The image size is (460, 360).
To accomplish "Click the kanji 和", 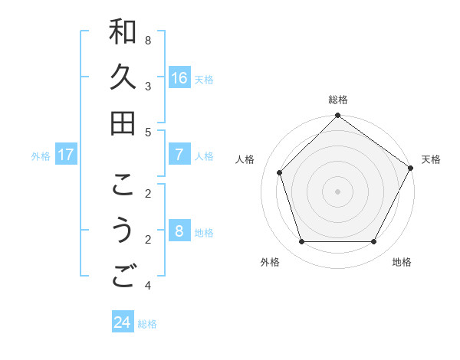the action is pyautogui.click(x=123, y=31).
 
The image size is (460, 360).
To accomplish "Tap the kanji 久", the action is pyautogui.click(x=123, y=77).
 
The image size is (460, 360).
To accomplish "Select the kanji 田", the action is pyautogui.click(x=123, y=123).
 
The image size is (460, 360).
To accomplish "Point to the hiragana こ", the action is pyautogui.click(x=123, y=185).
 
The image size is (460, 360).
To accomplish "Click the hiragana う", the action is pyautogui.click(x=123, y=231).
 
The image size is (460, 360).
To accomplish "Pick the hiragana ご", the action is pyautogui.click(x=123, y=277).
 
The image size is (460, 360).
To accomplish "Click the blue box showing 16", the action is pyautogui.click(x=179, y=78).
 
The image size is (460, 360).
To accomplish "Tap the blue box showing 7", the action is pyautogui.click(x=179, y=155).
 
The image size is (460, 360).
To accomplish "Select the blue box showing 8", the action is pyautogui.click(x=179, y=231).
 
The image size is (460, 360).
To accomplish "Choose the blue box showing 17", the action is pyautogui.click(x=66, y=155).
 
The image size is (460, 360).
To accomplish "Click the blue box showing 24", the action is pyautogui.click(x=122, y=322).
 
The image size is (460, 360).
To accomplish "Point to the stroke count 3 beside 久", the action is pyautogui.click(x=147, y=86).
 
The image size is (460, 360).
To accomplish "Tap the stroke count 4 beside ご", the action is pyautogui.click(x=147, y=285).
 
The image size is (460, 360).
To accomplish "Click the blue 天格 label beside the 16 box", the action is pyautogui.click(x=204, y=79).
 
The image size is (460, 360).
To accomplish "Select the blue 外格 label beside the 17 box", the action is pyautogui.click(x=41, y=155).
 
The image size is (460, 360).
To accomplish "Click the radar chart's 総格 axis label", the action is pyautogui.click(x=338, y=100).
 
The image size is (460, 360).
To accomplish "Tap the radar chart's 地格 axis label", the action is pyautogui.click(x=402, y=262).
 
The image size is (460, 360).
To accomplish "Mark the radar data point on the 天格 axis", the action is pyautogui.click(x=411, y=168).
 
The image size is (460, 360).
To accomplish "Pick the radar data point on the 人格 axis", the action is pyautogui.click(x=280, y=172).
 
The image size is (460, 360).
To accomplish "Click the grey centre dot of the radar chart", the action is pyautogui.click(x=338, y=191).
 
